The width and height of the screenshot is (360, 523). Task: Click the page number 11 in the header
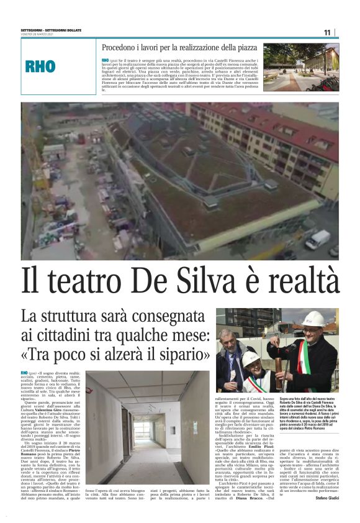328,32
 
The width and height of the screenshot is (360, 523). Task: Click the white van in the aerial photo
317,239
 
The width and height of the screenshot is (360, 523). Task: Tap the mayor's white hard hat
313,319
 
